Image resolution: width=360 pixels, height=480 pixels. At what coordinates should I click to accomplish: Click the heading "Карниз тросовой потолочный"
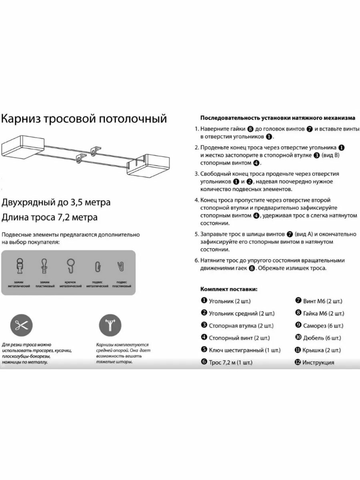[x=84, y=119]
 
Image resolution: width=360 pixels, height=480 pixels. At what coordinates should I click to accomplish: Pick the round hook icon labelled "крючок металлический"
[x=71, y=266]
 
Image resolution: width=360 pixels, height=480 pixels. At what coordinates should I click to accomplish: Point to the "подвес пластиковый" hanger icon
[x=120, y=266]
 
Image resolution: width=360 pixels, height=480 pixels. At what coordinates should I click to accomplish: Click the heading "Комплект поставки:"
[x=229, y=289]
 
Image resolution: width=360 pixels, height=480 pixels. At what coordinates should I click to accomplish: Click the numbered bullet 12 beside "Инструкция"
[x=298, y=362]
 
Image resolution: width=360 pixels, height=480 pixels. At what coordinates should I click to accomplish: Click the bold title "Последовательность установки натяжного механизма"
[x=277, y=118]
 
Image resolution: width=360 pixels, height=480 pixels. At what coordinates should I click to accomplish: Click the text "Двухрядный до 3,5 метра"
[x=56, y=202]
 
